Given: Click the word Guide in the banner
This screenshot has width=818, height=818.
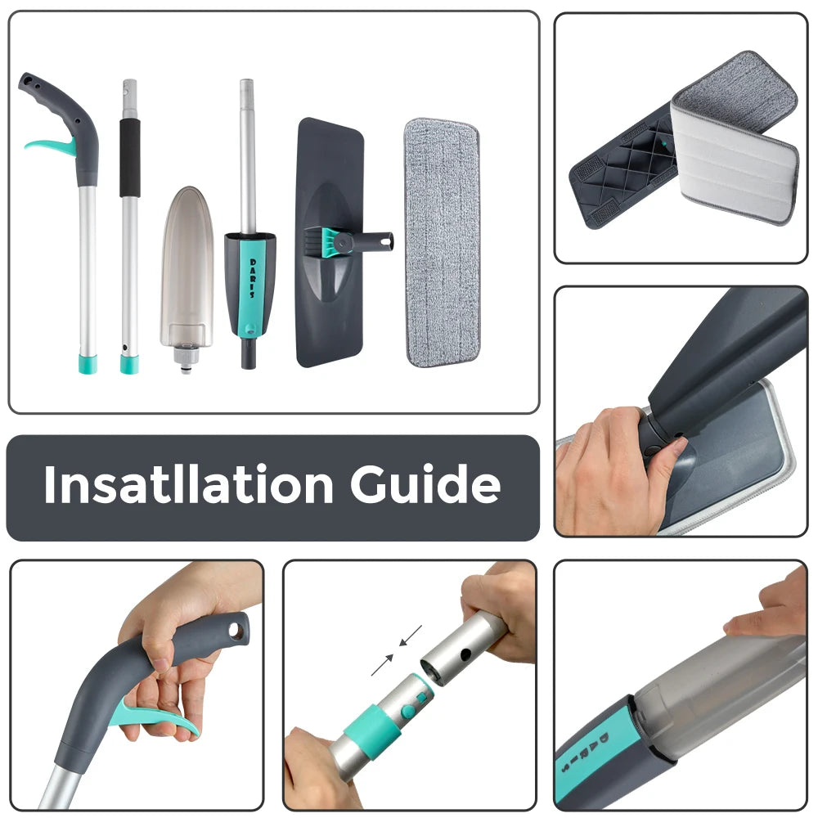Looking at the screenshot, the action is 425,484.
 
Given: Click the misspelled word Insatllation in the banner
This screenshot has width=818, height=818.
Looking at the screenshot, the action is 189,484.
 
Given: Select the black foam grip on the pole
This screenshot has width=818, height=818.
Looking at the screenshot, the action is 130,158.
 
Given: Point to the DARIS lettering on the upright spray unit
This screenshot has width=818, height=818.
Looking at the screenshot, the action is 253,278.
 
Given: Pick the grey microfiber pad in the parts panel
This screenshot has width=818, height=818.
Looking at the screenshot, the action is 443,243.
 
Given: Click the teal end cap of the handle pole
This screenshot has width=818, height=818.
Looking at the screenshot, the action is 88,364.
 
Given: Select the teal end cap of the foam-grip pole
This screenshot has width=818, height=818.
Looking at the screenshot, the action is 129,364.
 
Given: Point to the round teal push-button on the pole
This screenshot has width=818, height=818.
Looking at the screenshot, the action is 408,711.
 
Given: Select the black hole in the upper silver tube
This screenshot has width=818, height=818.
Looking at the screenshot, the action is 466,654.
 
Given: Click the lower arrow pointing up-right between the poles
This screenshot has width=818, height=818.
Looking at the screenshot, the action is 382,664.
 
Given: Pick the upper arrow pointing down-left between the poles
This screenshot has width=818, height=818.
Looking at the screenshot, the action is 411,636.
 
